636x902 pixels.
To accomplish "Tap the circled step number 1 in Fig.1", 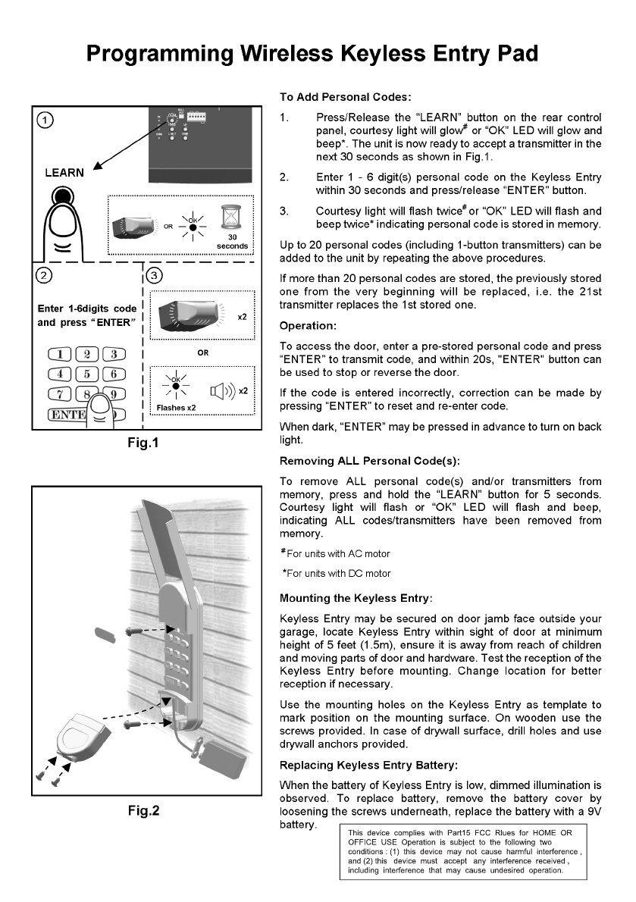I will [47, 120].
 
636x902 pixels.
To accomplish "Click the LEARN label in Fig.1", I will [64, 172].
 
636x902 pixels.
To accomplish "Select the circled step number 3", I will [154, 275].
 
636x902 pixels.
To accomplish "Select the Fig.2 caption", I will [143, 810].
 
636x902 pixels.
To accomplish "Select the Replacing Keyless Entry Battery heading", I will [368, 766].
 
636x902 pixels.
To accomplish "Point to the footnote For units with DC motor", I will [335, 573].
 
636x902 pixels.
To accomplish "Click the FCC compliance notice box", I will [462, 851].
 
